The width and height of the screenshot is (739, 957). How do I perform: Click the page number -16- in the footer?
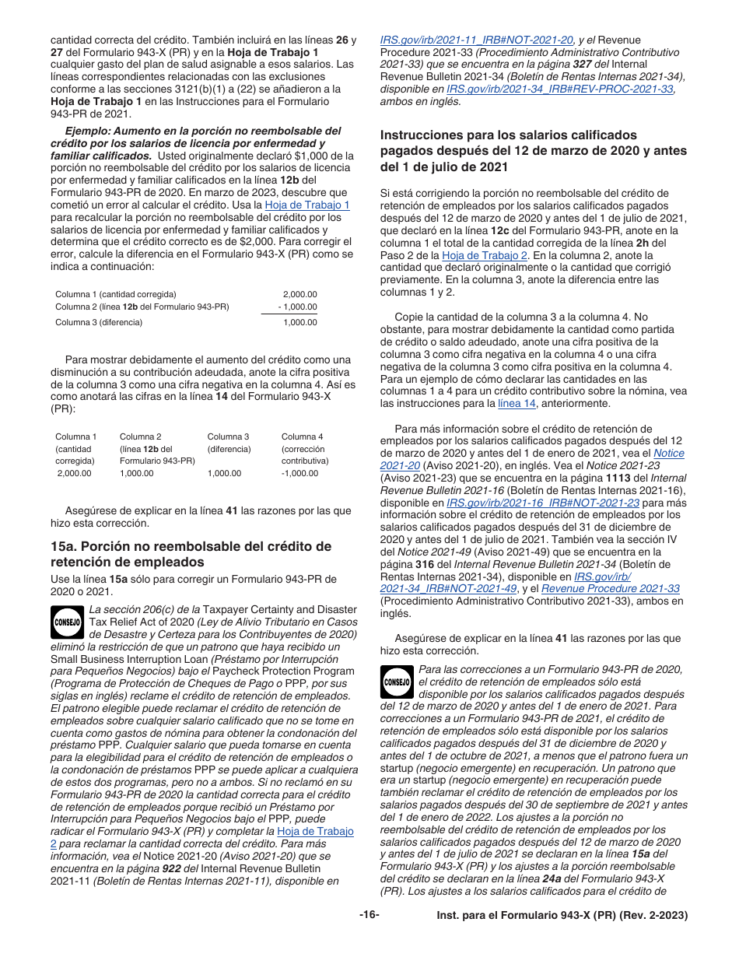pos(369,915)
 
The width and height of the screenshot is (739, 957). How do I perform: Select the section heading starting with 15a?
pos(191,554)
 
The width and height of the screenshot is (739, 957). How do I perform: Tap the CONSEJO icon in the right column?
pos(398,682)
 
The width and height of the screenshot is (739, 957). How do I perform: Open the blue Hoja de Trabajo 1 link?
pos(307,205)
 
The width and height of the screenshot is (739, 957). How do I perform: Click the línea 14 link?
pos(517,403)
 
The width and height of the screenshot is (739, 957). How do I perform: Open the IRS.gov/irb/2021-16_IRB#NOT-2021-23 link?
pos(543,503)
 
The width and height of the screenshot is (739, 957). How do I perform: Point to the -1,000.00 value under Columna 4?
pos(299,473)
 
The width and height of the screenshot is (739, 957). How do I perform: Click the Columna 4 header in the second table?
pos(302,436)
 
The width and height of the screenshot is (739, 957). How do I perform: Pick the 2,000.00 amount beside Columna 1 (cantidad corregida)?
pos(299,294)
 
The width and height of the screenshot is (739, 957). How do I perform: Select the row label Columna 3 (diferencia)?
pos(99,322)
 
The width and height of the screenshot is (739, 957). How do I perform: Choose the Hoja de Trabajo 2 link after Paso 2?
pos(485,254)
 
